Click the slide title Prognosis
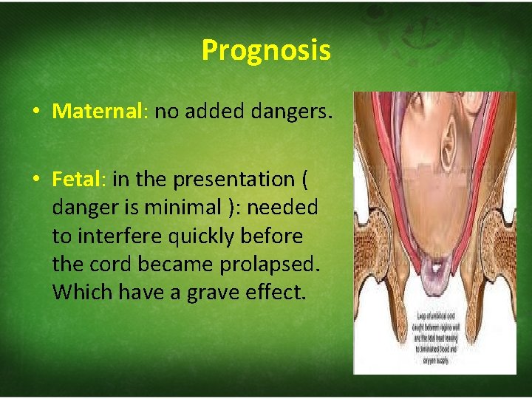click(265, 51)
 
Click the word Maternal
click(97, 112)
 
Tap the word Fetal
click(79, 180)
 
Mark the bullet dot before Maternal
click(35, 112)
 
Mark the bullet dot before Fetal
click(35, 180)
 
